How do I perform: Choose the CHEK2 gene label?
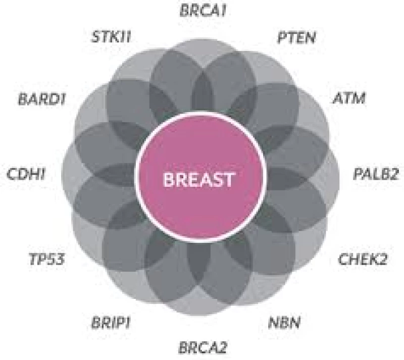[x=363, y=260]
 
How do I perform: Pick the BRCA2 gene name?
[x=204, y=348]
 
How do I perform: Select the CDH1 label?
[x=26, y=175]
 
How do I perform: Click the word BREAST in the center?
[x=201, y=179]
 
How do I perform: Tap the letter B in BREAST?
[x=169, y=179]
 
